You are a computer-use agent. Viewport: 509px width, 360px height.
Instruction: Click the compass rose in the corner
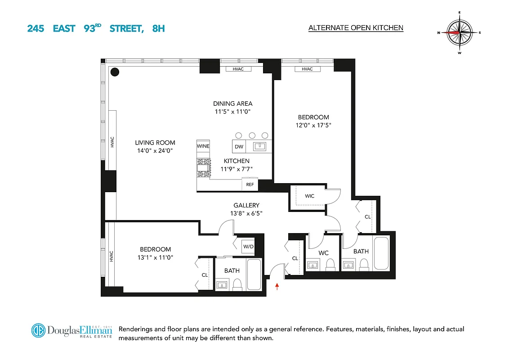[460, 32]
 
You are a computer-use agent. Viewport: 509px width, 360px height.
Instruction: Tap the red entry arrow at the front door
[277, 286]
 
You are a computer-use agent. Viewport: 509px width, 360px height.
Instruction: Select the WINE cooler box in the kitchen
[203, 146]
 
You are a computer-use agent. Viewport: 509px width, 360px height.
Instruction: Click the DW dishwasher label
[239, 147]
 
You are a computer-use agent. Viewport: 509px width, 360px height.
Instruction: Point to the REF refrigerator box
[250, 184]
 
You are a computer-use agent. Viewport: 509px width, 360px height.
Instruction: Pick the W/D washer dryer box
[248, 246]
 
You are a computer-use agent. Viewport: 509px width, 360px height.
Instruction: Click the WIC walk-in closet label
[309, 196]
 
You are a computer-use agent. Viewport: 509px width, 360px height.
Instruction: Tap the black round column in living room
[115, 72]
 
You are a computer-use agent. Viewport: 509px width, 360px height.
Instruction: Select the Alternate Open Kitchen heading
[356, 28]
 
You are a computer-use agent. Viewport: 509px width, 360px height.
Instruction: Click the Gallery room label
[246, 206]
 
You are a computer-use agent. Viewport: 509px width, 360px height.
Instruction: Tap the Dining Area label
[232, 103]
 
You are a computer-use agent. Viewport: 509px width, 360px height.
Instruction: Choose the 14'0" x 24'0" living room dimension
[155, 151]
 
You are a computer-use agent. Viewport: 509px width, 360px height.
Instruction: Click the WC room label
[323, 253]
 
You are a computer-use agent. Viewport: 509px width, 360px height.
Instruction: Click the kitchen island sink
[259, 146]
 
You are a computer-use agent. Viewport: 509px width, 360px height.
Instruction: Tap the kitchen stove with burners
[203, 167]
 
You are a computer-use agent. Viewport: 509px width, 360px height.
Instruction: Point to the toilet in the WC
[331, 264]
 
